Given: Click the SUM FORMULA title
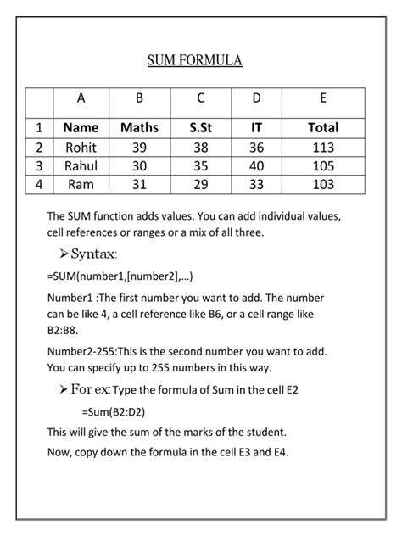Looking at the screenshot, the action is [x=194, y=60].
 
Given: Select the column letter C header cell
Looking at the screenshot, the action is [x=200, y=98].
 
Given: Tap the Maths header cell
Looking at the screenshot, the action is [x=139, y=128].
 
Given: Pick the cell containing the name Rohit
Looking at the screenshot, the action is [x=81, y=147].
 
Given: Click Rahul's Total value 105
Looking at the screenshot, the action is [x=323, y=165].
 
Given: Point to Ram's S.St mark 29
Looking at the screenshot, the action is [x=200, y=184].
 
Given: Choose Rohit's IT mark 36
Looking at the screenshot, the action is [x=256, y=147].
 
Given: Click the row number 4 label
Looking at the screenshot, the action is [x=39, y=184].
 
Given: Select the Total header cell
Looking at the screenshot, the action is [x=323, y=128].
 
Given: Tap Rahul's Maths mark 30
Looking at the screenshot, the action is [x=139, y=165].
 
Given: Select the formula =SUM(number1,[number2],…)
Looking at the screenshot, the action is [x=120, y=276].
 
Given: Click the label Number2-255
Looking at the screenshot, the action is [x=82, y=351].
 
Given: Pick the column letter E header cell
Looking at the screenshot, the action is [x=323, y=98].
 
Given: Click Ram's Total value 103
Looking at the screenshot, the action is [x=323, y=184].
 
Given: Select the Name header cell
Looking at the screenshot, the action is [x=81, y=128].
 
